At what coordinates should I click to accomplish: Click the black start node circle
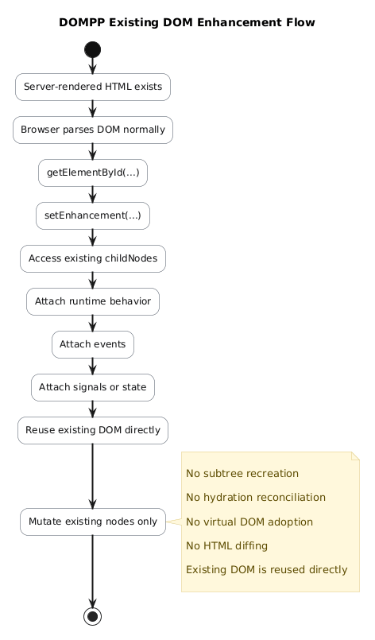click(x=93, y=50)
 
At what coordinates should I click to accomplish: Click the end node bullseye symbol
click(x=93, y=616)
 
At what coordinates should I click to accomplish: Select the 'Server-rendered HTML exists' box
click(x=93, y=87)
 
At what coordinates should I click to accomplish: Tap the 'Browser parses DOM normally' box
click(x=93, y=130)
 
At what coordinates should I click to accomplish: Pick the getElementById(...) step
click(x=93, y=173)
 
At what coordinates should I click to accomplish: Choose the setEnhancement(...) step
click(x=93, y=215)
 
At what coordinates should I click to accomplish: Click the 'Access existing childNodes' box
click(x=93, y=258)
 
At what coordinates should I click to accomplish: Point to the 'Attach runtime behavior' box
click(x=93, y=301)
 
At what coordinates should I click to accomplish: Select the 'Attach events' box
click(x=93, y=344)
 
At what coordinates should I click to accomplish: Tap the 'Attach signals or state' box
click(x=93, y=387)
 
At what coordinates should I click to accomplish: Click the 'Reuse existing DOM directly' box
click(x=93, y=430)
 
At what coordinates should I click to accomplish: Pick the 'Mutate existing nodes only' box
click(x=93, y=522)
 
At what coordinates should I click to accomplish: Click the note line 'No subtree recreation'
click(x=242, y=474)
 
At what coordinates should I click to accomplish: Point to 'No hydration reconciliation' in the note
click(x=256, y=498)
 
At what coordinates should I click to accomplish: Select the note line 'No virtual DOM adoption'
click(x=249, y=522)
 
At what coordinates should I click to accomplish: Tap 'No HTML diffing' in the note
click(x=227, y=545)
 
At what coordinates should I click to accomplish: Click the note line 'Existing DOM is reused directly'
click(x=267, y=570)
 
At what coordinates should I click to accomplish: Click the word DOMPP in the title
click(x=82, y=22)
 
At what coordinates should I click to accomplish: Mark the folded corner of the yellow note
click(x=355, y=456)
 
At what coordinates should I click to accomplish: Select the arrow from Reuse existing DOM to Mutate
click(x=93, y=476)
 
